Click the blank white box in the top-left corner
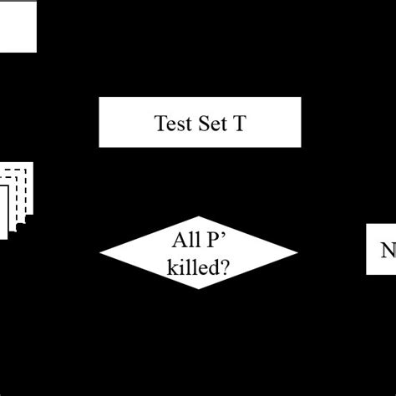click(x=18, y=26)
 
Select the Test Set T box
click(x=199, y=123)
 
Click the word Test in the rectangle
click(x=172, y=124)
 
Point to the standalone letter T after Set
click(x=239, y=124)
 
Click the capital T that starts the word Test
click(x=160, y=124)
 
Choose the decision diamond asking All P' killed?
click(x=199, y=251)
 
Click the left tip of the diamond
click(x=101, y=251)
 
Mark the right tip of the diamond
click(x=297, y=251)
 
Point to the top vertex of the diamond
click(x=199, y=215)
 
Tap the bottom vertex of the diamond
click(x=199, y=289)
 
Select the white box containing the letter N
click(x=382, y=249)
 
